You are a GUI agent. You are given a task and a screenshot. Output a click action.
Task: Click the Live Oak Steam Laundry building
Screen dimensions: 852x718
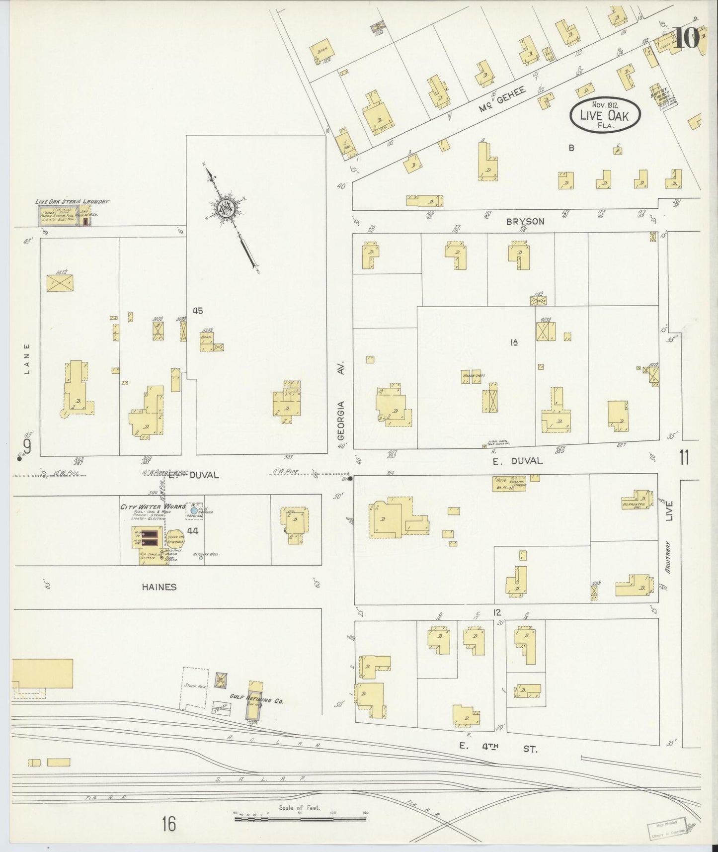(65, 216)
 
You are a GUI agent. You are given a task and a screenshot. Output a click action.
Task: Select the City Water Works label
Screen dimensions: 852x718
(153, 507)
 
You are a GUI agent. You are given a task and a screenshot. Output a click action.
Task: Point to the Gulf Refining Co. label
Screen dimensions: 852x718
(256, 699)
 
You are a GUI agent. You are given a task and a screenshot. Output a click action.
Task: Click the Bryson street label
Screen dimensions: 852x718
(525, 222)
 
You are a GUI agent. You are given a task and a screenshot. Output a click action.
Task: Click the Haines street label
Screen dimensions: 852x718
(159, 587)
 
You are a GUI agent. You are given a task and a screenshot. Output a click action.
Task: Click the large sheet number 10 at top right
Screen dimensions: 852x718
(687, 38)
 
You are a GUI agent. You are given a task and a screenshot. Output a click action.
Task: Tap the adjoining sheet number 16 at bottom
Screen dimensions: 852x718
(168, 825)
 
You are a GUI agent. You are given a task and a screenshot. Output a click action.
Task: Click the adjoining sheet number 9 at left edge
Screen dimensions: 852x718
(27, 447)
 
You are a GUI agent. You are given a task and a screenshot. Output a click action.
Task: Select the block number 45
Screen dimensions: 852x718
(198, 311)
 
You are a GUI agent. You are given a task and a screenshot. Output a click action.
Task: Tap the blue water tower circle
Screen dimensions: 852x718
(193, 510)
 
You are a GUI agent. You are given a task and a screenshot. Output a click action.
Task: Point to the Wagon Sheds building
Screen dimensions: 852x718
(473, 376)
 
